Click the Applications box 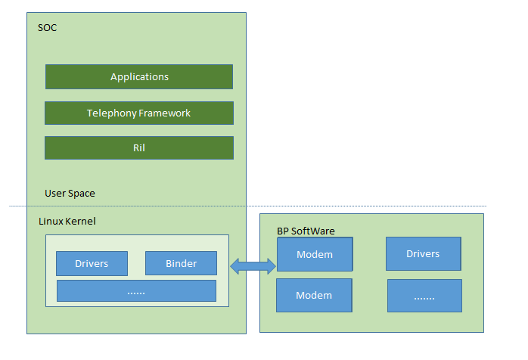139,77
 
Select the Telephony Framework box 139,113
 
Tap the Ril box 139,148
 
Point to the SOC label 47,28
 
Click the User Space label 70,194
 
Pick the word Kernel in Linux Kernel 80,221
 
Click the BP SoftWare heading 306,231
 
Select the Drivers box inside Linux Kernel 92,263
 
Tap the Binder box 181,263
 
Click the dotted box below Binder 136,291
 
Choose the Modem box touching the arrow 315,254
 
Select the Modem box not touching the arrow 314,295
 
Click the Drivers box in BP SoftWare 423,253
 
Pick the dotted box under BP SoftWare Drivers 424,296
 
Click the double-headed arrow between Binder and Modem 253,265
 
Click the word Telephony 111,113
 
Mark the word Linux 50,221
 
